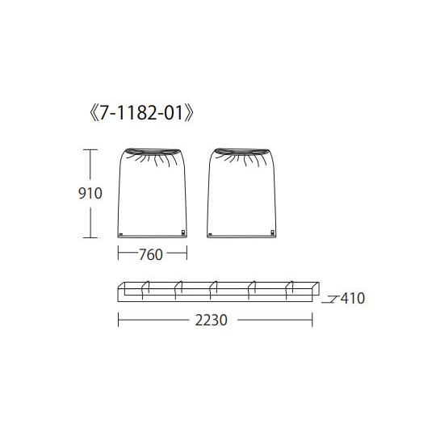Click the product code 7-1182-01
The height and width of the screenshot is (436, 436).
click(141, 113)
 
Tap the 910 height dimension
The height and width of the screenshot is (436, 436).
click(90, 193)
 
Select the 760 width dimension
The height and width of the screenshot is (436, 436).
click(151, 254)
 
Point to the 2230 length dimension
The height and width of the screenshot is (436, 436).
click(211, 320)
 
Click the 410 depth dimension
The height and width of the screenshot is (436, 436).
click(353, 298)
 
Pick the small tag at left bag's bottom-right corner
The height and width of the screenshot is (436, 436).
click(183, 233)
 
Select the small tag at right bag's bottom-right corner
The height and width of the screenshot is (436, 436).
click(273, 233)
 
